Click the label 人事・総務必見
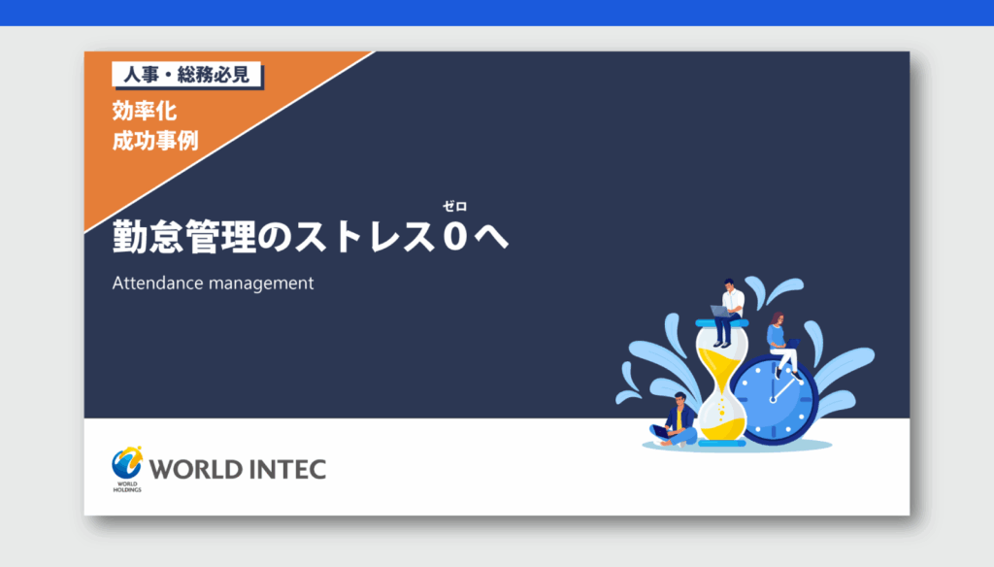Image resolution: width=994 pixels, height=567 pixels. coord(186,75)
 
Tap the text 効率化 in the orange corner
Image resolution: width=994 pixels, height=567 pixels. coord(145,111)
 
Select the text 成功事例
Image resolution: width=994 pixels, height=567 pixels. coord(155,141)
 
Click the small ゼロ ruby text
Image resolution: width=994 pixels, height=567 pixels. coord(454,206)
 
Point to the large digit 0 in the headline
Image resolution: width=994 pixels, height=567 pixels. coord(455,237)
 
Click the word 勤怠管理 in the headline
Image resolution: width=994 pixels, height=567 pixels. coord(184,237)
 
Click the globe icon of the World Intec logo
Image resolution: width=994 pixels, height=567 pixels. coord(127,463)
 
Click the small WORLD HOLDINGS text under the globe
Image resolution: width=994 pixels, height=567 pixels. coord(127,487)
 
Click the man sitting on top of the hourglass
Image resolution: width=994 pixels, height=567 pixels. coord(728,312)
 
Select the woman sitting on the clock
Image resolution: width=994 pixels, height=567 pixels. coord(782,345)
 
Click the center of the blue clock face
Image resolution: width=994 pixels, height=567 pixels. coord(773,400)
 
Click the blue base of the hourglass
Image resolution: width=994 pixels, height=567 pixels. coord(721,444)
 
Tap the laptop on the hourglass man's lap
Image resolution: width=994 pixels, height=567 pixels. coord(719,312)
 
